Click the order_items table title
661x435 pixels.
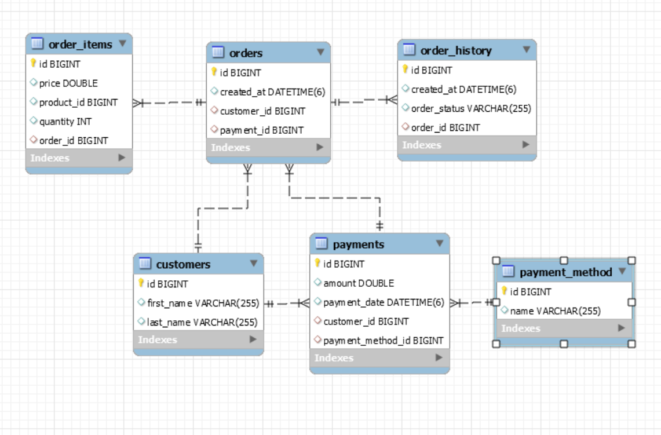tap(80, 44)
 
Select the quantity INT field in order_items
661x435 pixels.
tap(65, 121)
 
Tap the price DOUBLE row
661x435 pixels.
tap(68, 83)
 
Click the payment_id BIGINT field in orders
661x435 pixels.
tap(261, 130)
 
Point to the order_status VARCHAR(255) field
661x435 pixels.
tap(470, 108)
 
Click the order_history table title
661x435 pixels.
tap(456, 50)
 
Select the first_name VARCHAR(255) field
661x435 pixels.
tap(202, 303)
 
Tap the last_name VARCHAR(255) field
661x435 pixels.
tap(202, 322)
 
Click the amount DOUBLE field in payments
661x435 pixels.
tap(358, 283)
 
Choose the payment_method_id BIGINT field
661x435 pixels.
tap(383, 340)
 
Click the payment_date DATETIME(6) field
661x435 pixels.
tap(383, 302)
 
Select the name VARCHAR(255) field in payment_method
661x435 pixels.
tap(555, 311)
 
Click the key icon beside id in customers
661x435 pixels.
tap(141, 283)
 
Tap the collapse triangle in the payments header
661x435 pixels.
tap(439, 244)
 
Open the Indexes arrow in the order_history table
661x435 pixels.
tap(525, 145)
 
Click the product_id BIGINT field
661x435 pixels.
tap(78, 102)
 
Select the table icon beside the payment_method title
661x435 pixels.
tap(508, 272)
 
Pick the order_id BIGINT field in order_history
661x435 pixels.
tap(445, 127)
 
